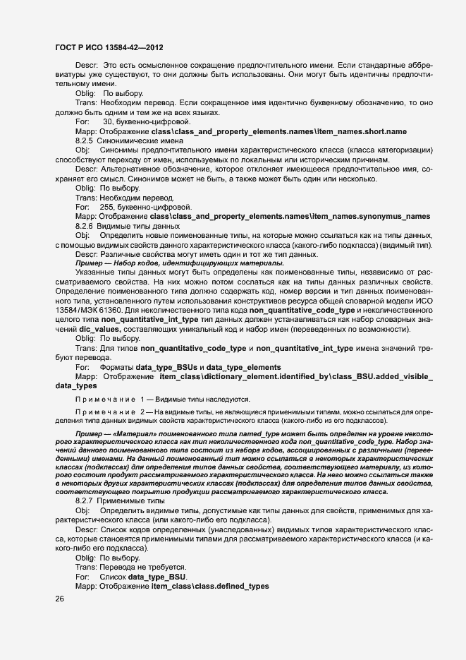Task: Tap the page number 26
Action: coord(59,599)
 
